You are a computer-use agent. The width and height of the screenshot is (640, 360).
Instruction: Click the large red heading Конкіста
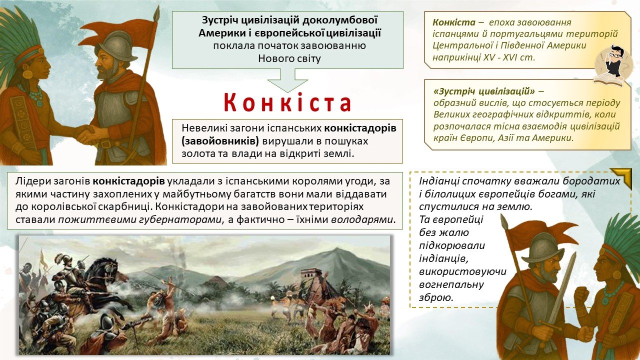click(x=287, y=102)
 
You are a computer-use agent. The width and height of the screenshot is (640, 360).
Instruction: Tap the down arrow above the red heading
click(x=287, y=80)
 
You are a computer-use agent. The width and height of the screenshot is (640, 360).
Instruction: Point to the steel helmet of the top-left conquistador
click(x=118, y=45)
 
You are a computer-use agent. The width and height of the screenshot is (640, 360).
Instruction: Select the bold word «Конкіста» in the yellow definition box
click(x=454, y=22)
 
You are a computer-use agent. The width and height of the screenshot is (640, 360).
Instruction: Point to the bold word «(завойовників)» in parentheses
click(x=220, y=141)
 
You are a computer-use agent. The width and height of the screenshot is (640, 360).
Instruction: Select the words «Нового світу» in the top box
click(x=289, y=58)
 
